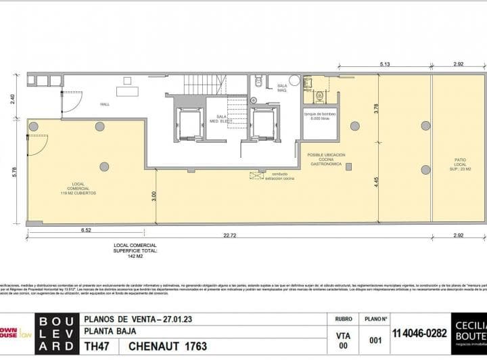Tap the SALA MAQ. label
[x=283, y=88]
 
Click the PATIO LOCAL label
[x=459, y=163]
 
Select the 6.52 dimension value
[x=86, y=230]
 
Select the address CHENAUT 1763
[x=167, y=346]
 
